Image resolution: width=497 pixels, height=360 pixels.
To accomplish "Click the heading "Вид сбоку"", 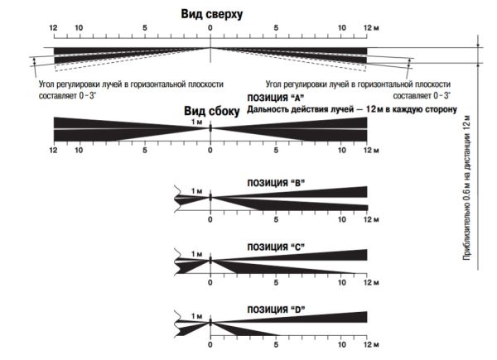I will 210,110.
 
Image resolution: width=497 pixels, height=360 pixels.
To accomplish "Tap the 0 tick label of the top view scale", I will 210,29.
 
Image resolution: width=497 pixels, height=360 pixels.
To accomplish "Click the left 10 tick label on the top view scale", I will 79,29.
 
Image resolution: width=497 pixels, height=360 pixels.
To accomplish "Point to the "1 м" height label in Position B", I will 196,191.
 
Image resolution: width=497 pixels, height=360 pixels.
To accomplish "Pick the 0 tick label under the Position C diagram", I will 210,285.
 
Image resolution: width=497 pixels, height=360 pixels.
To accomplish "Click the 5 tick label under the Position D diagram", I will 276,343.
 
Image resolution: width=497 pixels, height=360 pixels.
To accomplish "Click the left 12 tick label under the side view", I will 53,151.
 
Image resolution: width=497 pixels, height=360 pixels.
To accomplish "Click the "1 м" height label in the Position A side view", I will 196,122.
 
